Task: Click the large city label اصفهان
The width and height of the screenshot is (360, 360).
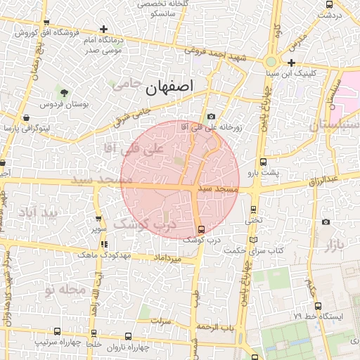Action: tap(169, 89)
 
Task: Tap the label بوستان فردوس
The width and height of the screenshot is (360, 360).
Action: tap(84, 105)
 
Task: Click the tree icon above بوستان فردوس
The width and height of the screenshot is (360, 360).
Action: tap(64, 93)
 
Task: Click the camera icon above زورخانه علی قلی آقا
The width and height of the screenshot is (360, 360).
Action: tap(211, 117)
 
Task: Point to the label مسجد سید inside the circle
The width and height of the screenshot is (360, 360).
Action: tap(218, 190)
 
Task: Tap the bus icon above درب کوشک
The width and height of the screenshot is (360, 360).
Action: tap(202, 229)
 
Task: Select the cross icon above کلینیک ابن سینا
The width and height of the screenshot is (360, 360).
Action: tap(291, 63)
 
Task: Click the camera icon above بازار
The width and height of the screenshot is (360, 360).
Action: tap(325, 222)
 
